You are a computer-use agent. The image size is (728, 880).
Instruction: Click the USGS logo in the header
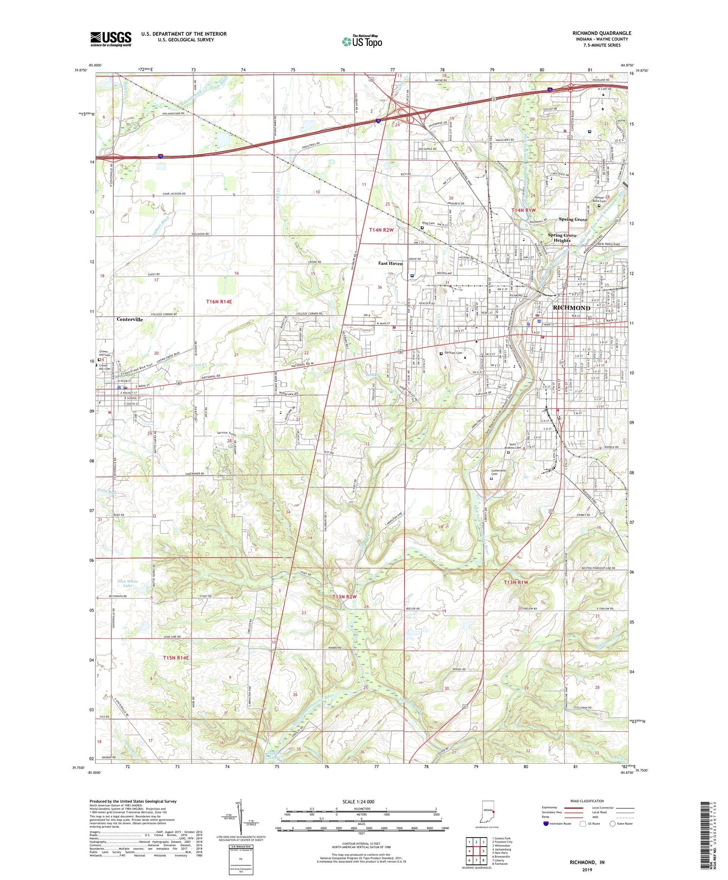click(111, 38)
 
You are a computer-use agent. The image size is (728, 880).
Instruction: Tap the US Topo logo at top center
click(362, 41)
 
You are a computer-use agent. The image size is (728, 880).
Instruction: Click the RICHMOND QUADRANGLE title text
click(602, 33)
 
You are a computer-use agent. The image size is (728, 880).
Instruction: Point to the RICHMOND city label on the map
click(571, 307)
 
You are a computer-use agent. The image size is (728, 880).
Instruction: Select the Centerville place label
click(130, 320)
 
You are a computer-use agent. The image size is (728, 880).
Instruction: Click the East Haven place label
click(390, 263)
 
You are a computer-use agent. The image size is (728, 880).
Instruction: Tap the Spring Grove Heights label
click(562, 238)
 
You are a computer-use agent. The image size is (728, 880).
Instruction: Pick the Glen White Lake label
click(127, 584)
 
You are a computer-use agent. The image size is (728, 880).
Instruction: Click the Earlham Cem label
click(453, 353)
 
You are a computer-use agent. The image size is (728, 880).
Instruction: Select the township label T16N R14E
click(219, 301)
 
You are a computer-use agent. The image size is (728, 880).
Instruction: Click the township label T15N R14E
click(176, 658)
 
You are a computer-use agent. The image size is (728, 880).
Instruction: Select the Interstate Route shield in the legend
click(547, 824)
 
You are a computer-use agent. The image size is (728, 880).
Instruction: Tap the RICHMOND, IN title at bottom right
click(587, 862)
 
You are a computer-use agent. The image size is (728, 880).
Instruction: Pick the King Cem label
click(428, 223)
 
